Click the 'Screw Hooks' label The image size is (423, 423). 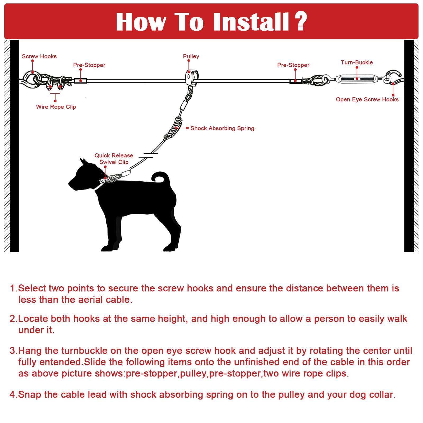pyautogui.click(x=39, y=56)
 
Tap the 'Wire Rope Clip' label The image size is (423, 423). pyautogui.click(x=56, y=107)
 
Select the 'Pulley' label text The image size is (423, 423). pyautogui.click(x=191, y=56)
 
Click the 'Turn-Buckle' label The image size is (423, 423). pyautogui.click(x=357, y=62)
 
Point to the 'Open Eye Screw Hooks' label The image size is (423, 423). pyautogui.click(x=367, y=99)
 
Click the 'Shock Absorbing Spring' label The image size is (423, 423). pyautogui.click(x=222, y=128)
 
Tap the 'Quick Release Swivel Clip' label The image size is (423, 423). pyautogui.click(x=114, y=159)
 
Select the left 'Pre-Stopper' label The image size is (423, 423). pyautogui.click(x=89, y=65)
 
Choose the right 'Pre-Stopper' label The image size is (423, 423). pyautogui.click(x=293, y=65)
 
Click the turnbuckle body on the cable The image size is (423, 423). pyautogui.click(x=356, y=79)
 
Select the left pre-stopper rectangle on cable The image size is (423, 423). pyautogui.click(x=80, y=81)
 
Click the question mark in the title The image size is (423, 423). pyautogui.click(x=301, y=21)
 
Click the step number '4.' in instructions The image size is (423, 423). pyautogui.click(x=13, y=394)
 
